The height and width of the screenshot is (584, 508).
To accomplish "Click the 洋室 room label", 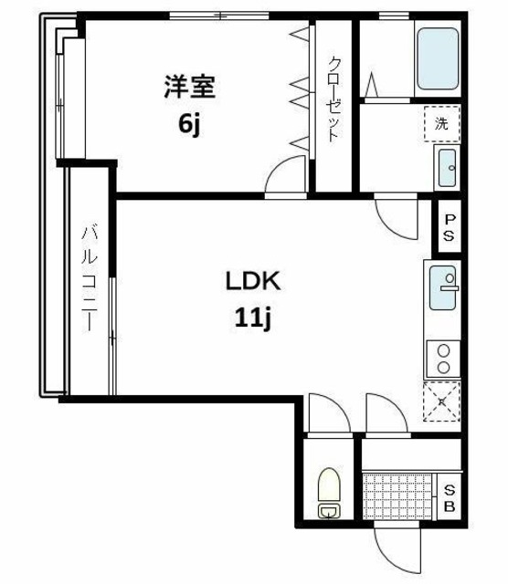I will tap(189, 88).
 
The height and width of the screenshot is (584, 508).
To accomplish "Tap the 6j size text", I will tap(189, 124).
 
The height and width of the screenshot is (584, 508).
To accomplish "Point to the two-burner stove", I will tap(443, 359).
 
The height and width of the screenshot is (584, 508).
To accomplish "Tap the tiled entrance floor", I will tap(399, 495).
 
